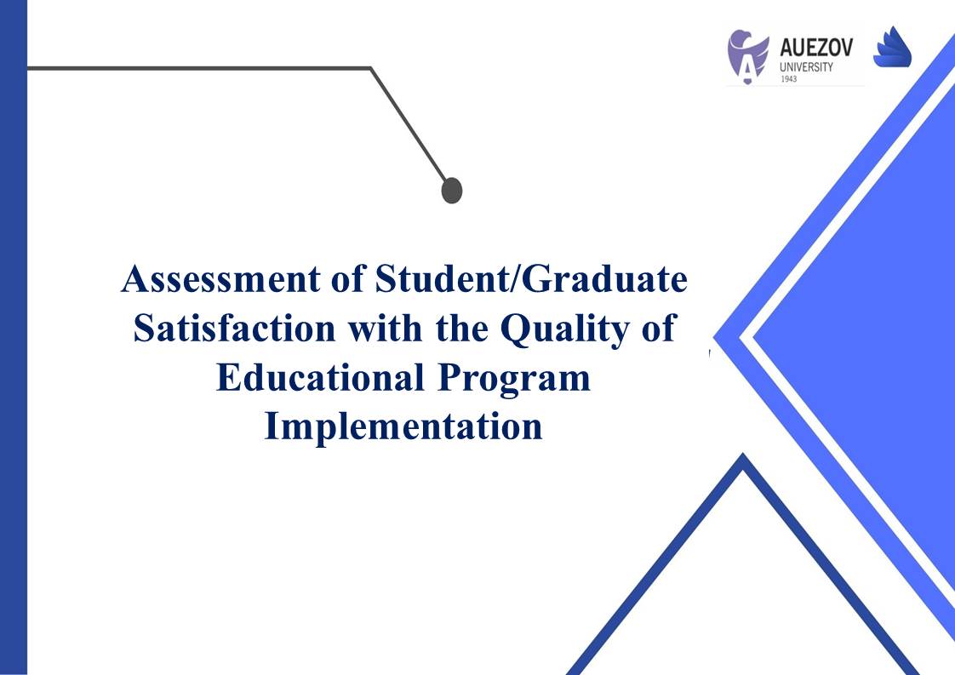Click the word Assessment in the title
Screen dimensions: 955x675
(220, 279)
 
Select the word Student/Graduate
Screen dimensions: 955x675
(531, 279)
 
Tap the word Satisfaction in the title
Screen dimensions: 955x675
(234, 329)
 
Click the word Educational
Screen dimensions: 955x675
(320, 377)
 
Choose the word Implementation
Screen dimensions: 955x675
(403, 427)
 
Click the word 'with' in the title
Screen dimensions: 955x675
(385, 329)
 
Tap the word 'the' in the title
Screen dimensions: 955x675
(461, 329)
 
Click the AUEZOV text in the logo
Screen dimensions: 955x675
(816, 48)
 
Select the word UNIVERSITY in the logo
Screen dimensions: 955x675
(806, 67)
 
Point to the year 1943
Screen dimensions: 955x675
(788, 79)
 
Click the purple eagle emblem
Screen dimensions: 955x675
(747, 56)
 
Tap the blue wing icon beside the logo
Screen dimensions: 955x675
(892, 47)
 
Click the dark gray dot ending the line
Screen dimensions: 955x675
(452, 191)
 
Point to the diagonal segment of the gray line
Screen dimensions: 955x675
(409, 125)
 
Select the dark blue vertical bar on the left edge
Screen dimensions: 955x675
(14, 337)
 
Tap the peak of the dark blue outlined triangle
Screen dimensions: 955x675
(743, 454)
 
